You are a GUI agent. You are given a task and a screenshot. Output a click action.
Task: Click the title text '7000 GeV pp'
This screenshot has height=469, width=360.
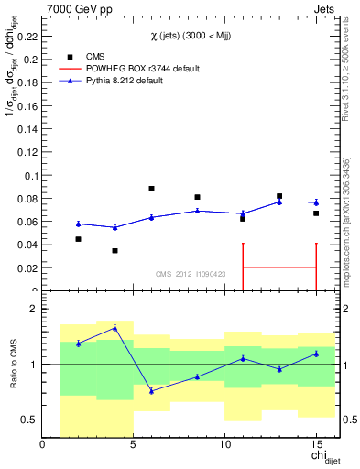click(x=74, y=8)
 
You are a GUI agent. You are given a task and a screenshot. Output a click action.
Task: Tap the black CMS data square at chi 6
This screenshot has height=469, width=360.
click(x=151, y=189)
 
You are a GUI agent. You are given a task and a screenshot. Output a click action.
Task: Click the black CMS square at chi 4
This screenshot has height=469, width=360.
click(x=115, y=250)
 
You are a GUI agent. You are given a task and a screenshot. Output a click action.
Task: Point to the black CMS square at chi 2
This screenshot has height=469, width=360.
click(x=78, y=239)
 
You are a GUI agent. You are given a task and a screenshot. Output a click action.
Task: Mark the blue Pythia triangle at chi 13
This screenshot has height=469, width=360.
click(x=279, y=202)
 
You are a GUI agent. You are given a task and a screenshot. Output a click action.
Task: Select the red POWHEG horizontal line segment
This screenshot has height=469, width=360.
click(x=279, y=267)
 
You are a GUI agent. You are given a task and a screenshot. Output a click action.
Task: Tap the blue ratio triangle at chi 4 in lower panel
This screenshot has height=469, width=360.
click(x=115, y=327)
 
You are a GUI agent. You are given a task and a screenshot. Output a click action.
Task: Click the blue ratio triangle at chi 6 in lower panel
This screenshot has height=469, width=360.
click(x=151, y=391)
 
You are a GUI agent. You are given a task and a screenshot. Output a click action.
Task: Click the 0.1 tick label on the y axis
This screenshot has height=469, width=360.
click(x=31, y=175)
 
